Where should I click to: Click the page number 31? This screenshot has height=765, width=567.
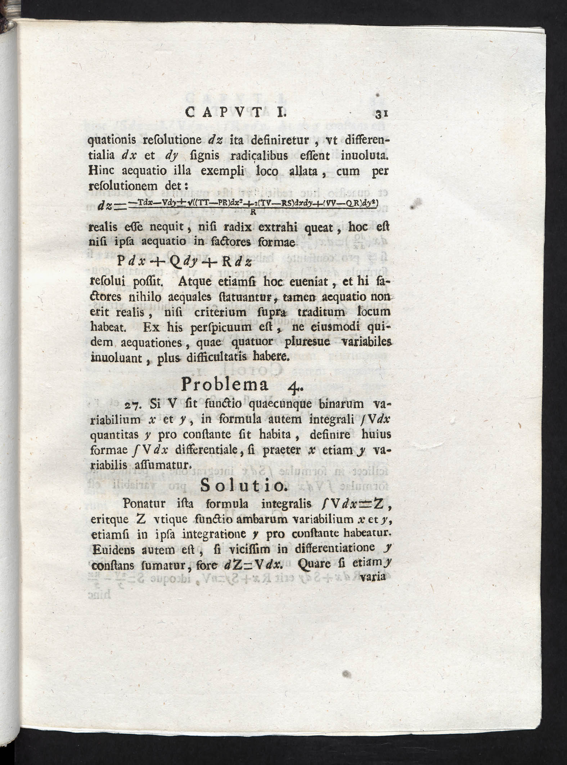(381, 114)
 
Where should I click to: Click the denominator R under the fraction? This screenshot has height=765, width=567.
(253, 212)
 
